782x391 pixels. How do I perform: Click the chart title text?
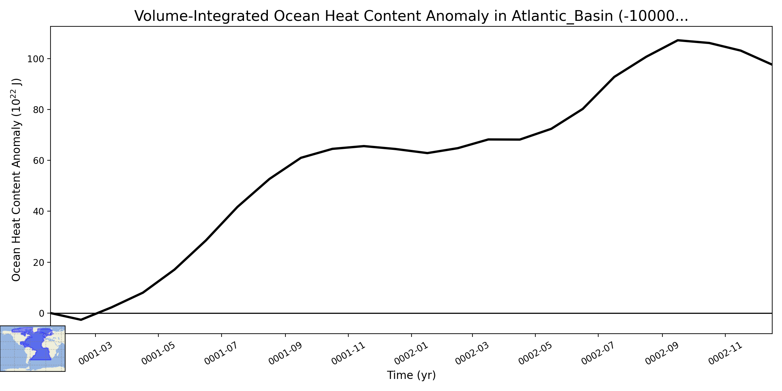[411, 16]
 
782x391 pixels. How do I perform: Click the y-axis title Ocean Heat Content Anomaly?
[16, 180]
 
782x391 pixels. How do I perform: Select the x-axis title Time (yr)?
[411, 375]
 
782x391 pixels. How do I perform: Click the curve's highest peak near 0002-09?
[678, 40]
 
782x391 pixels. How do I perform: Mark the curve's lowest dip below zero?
[81, 320]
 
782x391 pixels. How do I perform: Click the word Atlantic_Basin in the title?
[563, 16]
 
